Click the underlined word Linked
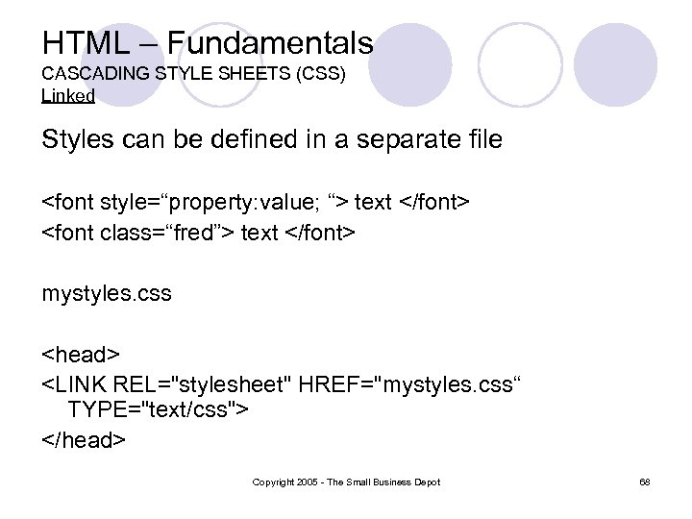68,95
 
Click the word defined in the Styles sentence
250,139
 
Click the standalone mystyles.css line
107,293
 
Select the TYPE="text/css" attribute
158,411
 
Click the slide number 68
644,482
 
